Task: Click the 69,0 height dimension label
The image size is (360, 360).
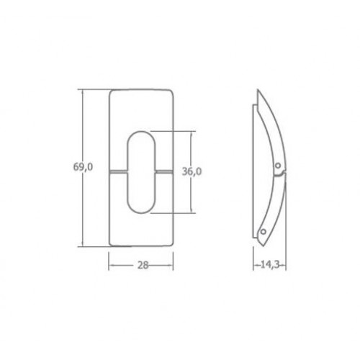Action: pyautogui.click(x=83, y=167)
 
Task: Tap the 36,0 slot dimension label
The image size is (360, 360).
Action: pyautogui.click(x=192, y=171)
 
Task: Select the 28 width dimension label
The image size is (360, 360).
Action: pyautogui.click(x=143, y=265)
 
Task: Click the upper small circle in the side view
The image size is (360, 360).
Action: pyautogui.click(x=278, y=166)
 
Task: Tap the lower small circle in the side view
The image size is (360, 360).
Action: pyautogui.click(x=264, y=232)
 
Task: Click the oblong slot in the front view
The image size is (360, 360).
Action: pyautogui.click(x=141, y=172)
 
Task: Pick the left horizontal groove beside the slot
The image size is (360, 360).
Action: pyautogui.click(x=118, y=171)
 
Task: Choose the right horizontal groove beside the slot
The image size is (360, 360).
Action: pyautogui.click(x=164, y=171)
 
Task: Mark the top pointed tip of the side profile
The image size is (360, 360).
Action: pyautogui.click(x=258, y=90)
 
